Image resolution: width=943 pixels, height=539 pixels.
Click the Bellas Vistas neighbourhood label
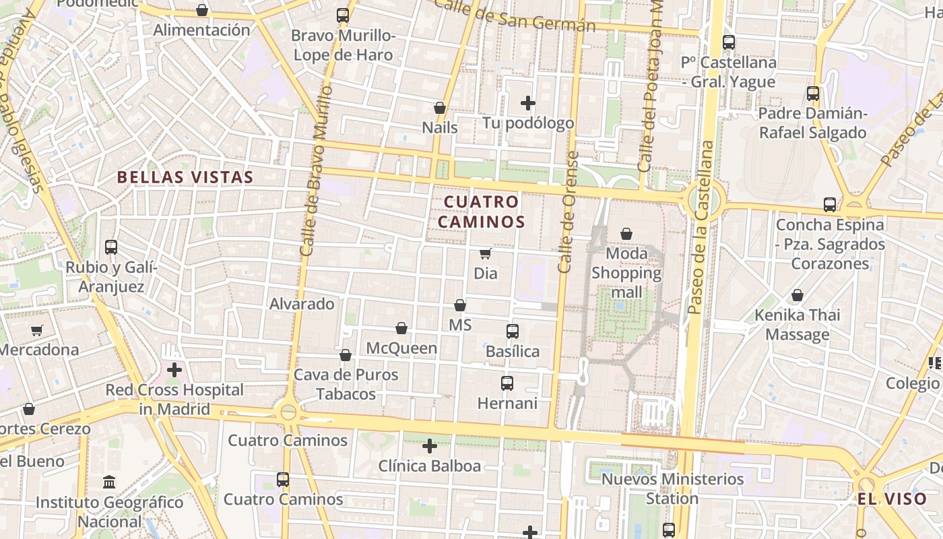coord(185,177)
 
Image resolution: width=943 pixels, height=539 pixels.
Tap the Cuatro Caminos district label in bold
coord(482,212)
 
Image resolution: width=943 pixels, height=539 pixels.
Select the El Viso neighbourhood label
coord(892,499)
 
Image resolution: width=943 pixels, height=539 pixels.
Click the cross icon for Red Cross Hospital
coord(174,370)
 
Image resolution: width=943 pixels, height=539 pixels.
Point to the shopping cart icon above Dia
coord(485,253)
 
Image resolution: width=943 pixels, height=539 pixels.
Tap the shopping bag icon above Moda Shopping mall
coord(626,234)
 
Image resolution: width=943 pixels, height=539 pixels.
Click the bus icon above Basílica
coord(513,331)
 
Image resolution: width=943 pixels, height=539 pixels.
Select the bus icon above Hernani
coord(507,383)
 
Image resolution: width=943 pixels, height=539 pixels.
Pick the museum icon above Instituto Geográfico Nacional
coord(109,482)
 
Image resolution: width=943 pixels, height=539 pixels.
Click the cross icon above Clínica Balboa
coord(430,446)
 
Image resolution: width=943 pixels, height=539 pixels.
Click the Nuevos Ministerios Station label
coord(672,488)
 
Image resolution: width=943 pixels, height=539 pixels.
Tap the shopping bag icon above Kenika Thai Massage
coord(798,295)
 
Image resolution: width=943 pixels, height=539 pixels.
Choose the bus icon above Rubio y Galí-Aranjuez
coord(111,247)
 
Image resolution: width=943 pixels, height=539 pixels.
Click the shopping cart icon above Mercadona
coord(37,330)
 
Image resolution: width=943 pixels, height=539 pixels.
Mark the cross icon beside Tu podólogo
coord(528,103)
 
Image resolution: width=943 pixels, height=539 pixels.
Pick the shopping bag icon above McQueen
coord(401,328)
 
